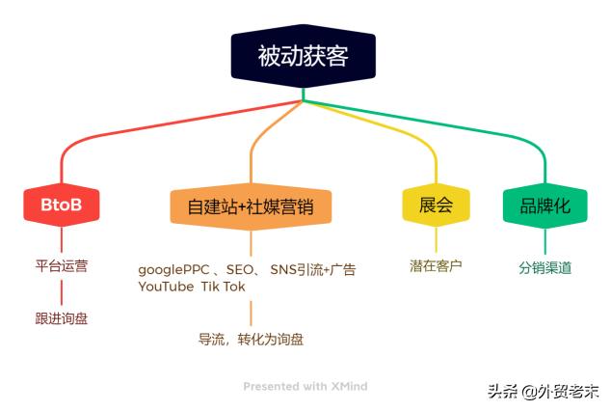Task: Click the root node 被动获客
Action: [x=303, y=56]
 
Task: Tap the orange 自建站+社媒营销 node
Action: [x=251, y=205]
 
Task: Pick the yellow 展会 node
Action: [x=435, y=205]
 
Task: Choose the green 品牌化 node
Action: [x=545, y=205]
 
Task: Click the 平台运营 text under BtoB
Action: [x=62, y=265]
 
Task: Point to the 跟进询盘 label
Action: [x=62, y=317]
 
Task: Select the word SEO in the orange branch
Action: [x=240, y=269]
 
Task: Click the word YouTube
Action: [x=165, y=287]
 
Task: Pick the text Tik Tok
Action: [x=223, y=287]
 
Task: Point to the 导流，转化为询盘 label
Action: [x=251, y=339]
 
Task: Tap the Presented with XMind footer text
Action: [x=305, y=386]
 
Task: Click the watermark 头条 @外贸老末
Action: [x=543, y=392]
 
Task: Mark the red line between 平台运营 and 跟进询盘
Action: [x=62, y=291]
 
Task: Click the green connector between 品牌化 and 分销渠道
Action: [x=545, y=242]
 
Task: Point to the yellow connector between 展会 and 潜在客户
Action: [x=435, y=240]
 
